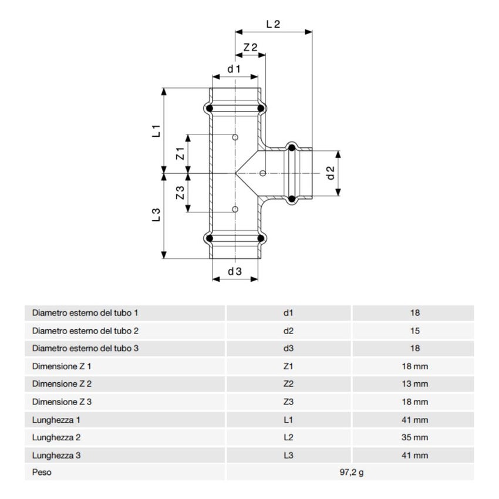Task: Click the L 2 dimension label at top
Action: [x=273, y=25]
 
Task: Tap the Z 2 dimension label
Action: [x=251, y=48]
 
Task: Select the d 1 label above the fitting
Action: [x=235, y=69]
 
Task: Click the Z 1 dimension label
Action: [x=181, y=154]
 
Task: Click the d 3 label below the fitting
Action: [x=235, y=271]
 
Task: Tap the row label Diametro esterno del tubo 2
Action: [x=85, y=331]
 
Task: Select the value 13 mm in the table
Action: [x=416, y=385]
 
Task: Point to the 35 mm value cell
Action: [x=416, y=437]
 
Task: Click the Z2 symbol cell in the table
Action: [x=288, y=385]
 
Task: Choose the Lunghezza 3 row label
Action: [x=58, y=456]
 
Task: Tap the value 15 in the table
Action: [x=416, y=331]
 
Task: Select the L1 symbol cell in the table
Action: [x=288, y=420]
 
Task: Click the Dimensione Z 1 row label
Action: [x=62, y=366]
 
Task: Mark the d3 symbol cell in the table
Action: [x=288, y=349]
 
